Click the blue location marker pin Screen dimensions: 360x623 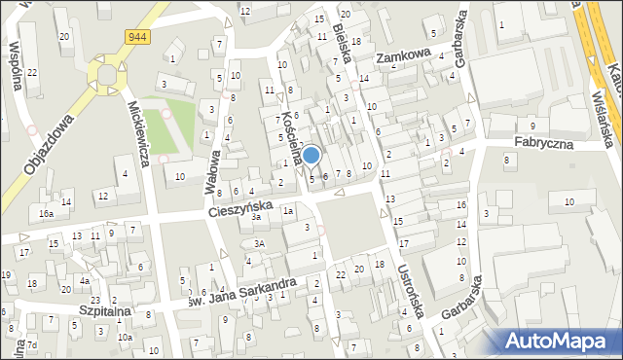(x=311, y=155)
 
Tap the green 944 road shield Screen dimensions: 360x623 (x=137, y=36)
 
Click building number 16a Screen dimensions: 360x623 (x=45, y=213)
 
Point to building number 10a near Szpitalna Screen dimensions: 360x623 (x=125, y=338)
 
